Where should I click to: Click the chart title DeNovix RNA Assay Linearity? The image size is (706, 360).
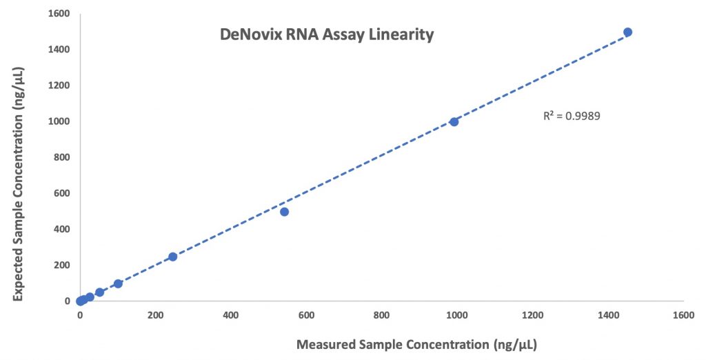(327, 34)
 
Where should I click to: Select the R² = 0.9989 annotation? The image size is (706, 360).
(572, 117)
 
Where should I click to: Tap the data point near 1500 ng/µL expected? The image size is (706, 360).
(627, 32)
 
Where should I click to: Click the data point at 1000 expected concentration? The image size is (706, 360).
(454, 121)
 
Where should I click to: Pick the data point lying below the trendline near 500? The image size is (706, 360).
(284, 212)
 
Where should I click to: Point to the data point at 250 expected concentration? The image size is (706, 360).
(172, 257)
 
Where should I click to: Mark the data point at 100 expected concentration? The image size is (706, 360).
(118, 283)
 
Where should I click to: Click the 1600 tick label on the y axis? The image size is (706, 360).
(59, 14)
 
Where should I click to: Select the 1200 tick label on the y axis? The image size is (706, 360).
(59, 85)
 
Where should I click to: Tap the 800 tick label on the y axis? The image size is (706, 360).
(61, 157)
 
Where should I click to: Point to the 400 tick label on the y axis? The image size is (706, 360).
(61, 229)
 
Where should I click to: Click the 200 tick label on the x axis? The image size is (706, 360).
(155, 315)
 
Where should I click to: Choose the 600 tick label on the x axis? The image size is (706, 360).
(306, 315)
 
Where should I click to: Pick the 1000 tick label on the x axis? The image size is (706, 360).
(457, 315)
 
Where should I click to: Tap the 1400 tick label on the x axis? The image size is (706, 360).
(608, 315)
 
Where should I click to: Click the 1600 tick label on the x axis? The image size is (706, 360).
(683, 315)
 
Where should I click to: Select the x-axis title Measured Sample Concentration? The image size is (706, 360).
(416, 345)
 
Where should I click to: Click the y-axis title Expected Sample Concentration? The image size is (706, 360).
(18, 184)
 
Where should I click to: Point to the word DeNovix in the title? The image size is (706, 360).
(251, 34)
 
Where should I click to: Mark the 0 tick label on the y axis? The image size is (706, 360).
(67, 301)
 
